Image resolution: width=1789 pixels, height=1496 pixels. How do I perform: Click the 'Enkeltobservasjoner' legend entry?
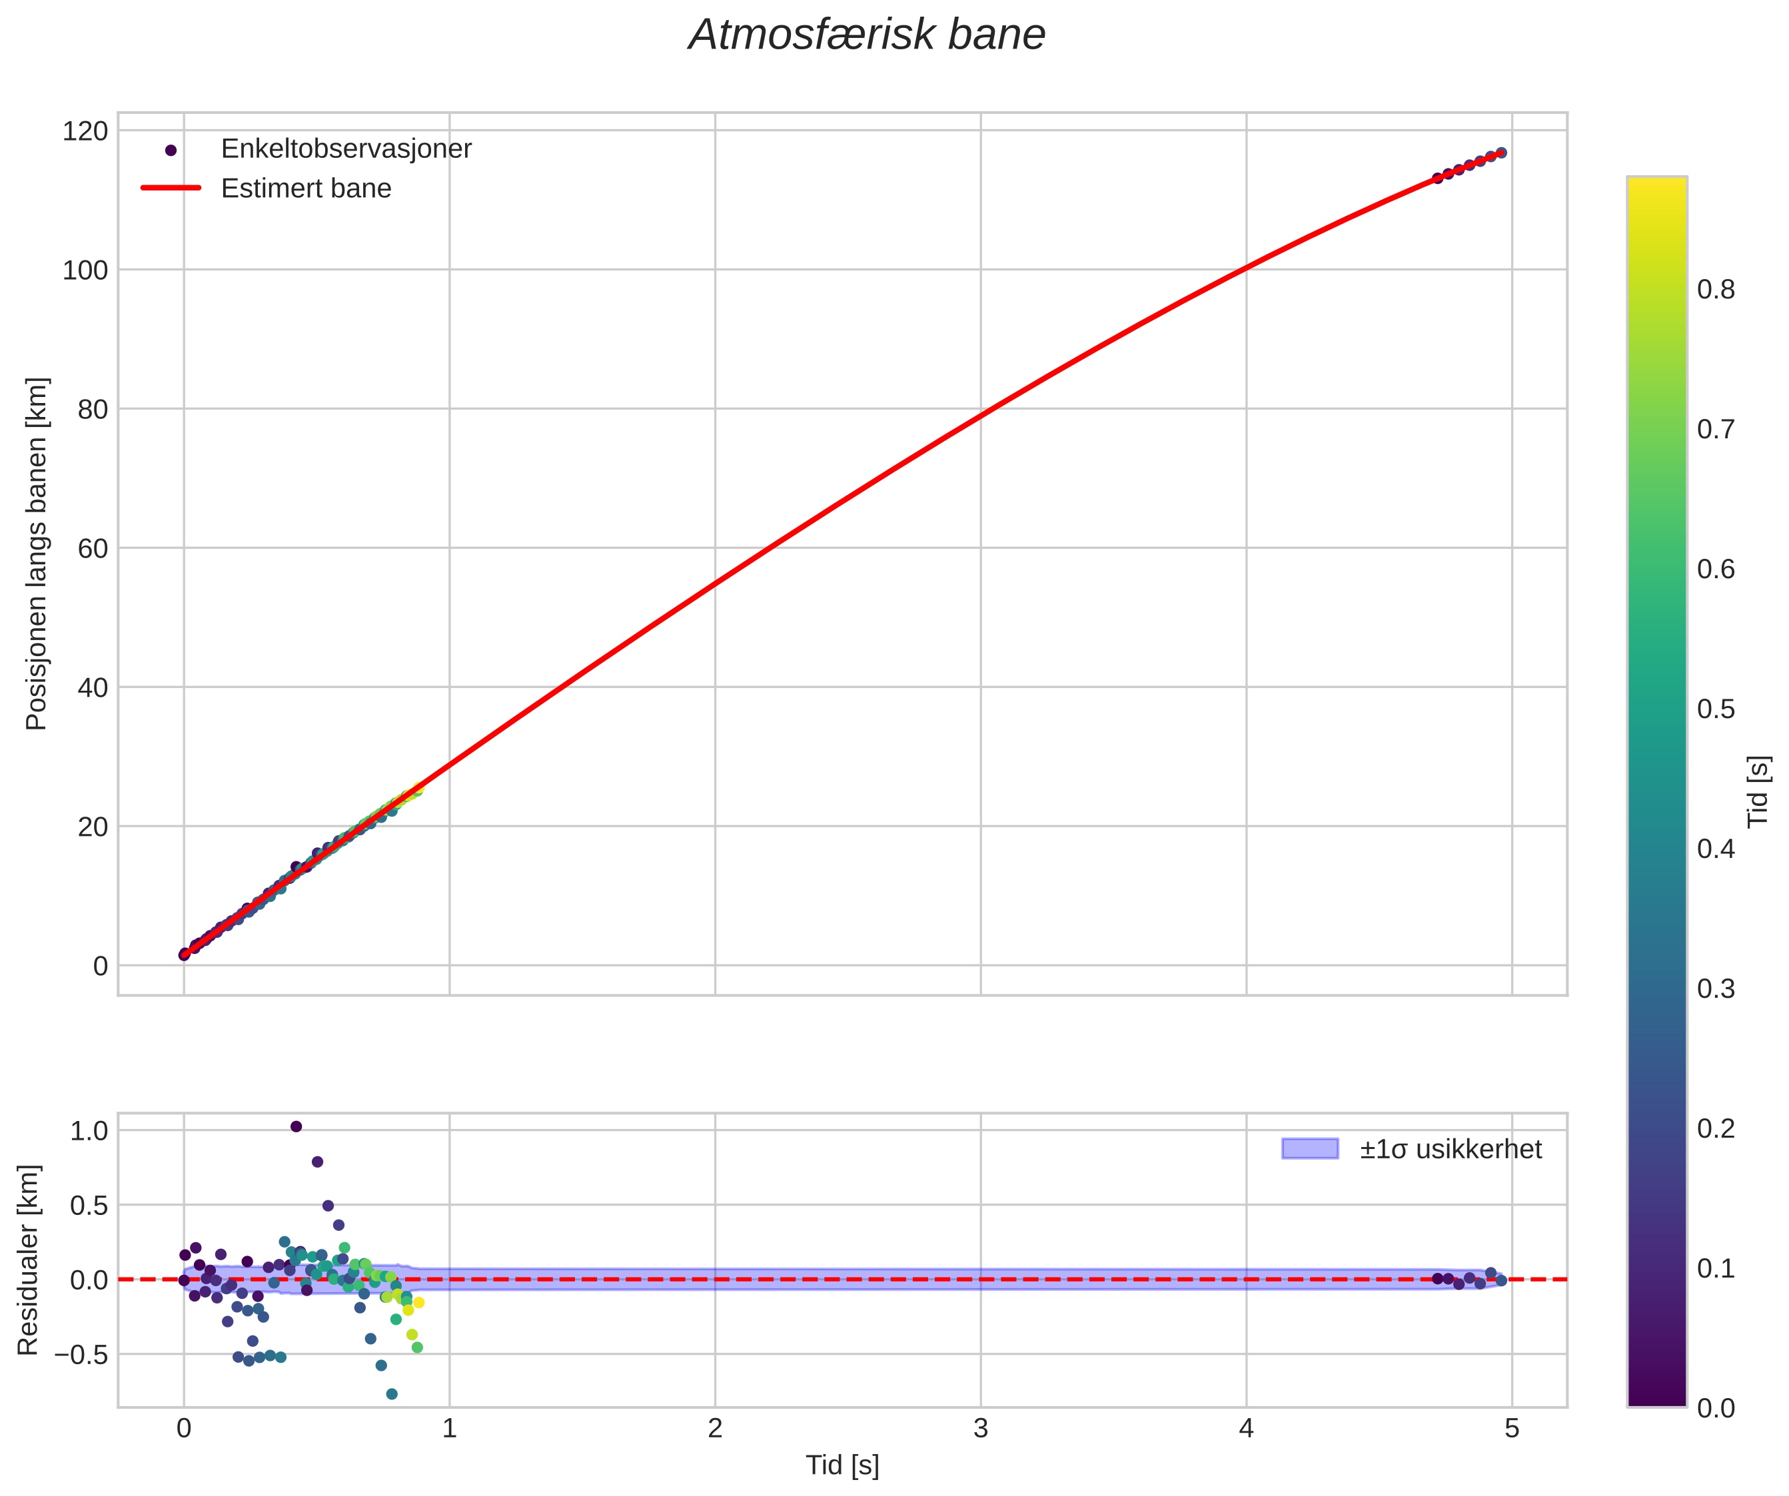click(345, 149)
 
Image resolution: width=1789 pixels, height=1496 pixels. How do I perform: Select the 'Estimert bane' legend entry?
click(306, 188)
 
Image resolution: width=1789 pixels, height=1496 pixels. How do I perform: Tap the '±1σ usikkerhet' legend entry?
click(1450, 1150)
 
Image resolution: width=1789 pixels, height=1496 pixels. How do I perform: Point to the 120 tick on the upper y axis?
click(85, 131)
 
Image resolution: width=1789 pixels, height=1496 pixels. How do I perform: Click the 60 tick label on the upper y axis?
click(93, 548)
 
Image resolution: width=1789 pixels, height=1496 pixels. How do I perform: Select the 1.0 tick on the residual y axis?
click(89, 1131)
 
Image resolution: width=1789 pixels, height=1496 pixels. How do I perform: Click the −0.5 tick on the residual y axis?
click(82, 1354)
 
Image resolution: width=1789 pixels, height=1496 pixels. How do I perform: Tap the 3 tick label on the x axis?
click(981, 1429)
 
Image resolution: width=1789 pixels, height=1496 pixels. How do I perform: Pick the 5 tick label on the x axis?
click(1511, 1429)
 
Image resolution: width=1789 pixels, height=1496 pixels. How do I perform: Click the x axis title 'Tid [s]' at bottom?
click(842, 1465)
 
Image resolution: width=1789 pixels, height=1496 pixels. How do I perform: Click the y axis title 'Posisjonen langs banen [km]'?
click(37, 554)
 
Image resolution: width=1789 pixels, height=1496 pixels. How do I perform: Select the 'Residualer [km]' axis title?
click(28, 1260)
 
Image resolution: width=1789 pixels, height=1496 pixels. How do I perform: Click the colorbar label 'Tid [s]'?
click(1758, 792)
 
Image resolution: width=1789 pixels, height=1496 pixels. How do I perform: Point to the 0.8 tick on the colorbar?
click(1715, 290)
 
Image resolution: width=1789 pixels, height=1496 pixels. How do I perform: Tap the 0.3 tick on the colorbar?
click(1715, 988)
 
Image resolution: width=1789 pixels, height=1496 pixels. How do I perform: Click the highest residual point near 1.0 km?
click(297, 1126)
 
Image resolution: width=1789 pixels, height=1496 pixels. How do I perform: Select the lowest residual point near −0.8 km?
click(392, 1394)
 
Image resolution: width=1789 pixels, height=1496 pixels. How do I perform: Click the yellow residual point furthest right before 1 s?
click(418, 1303)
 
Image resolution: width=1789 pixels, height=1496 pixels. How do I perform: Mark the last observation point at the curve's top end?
click(1501, 153)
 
